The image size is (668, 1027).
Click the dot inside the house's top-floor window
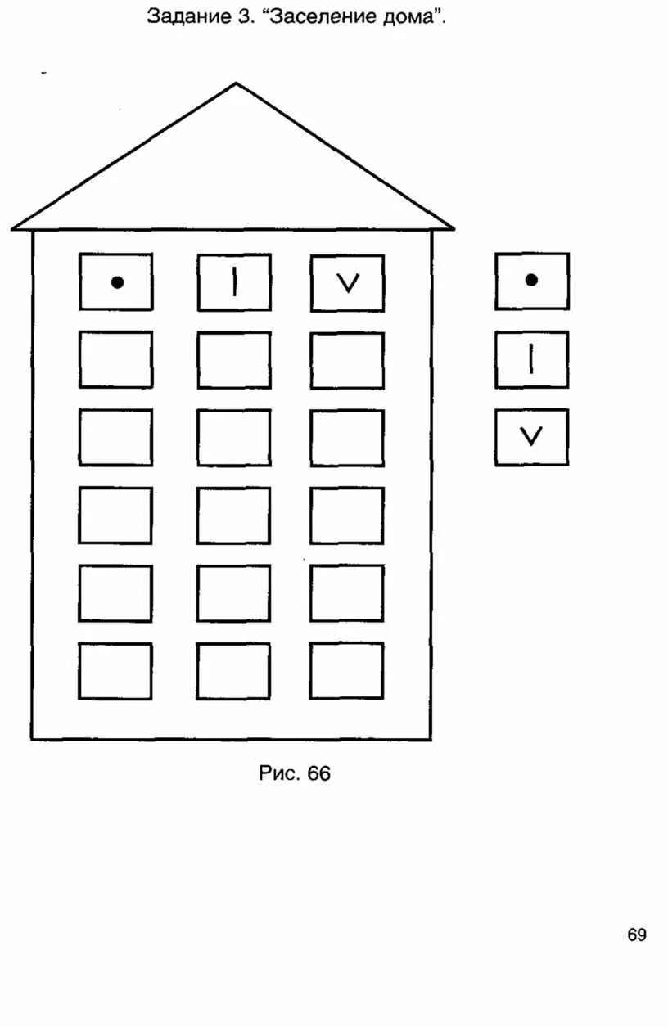click(x=117, y=282)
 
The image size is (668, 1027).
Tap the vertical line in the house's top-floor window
click(x=235, y=282)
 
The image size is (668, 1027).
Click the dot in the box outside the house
click(x=531, y=280)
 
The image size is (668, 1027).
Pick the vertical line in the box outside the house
click(x=531, y=359)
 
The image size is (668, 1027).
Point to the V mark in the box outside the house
click(x=531, y=437)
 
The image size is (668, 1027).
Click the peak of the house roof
click(x=237, y=84)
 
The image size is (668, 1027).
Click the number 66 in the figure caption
click(x=319, y=773)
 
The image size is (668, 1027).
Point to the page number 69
click(x=637, y=935)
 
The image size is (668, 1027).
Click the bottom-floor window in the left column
click(x=115, y=671)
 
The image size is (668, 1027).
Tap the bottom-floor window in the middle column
click(x=233, y=671)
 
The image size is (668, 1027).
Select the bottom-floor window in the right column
click(x=346, y=671)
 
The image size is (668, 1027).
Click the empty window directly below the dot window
click(x=115, y=359)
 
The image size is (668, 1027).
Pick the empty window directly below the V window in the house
click(x=347, y=360)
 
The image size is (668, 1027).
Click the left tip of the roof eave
click(x=13, y=228)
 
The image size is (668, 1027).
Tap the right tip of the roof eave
click(x=453, y=228)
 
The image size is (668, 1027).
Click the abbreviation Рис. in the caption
click(x=278, y=773)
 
